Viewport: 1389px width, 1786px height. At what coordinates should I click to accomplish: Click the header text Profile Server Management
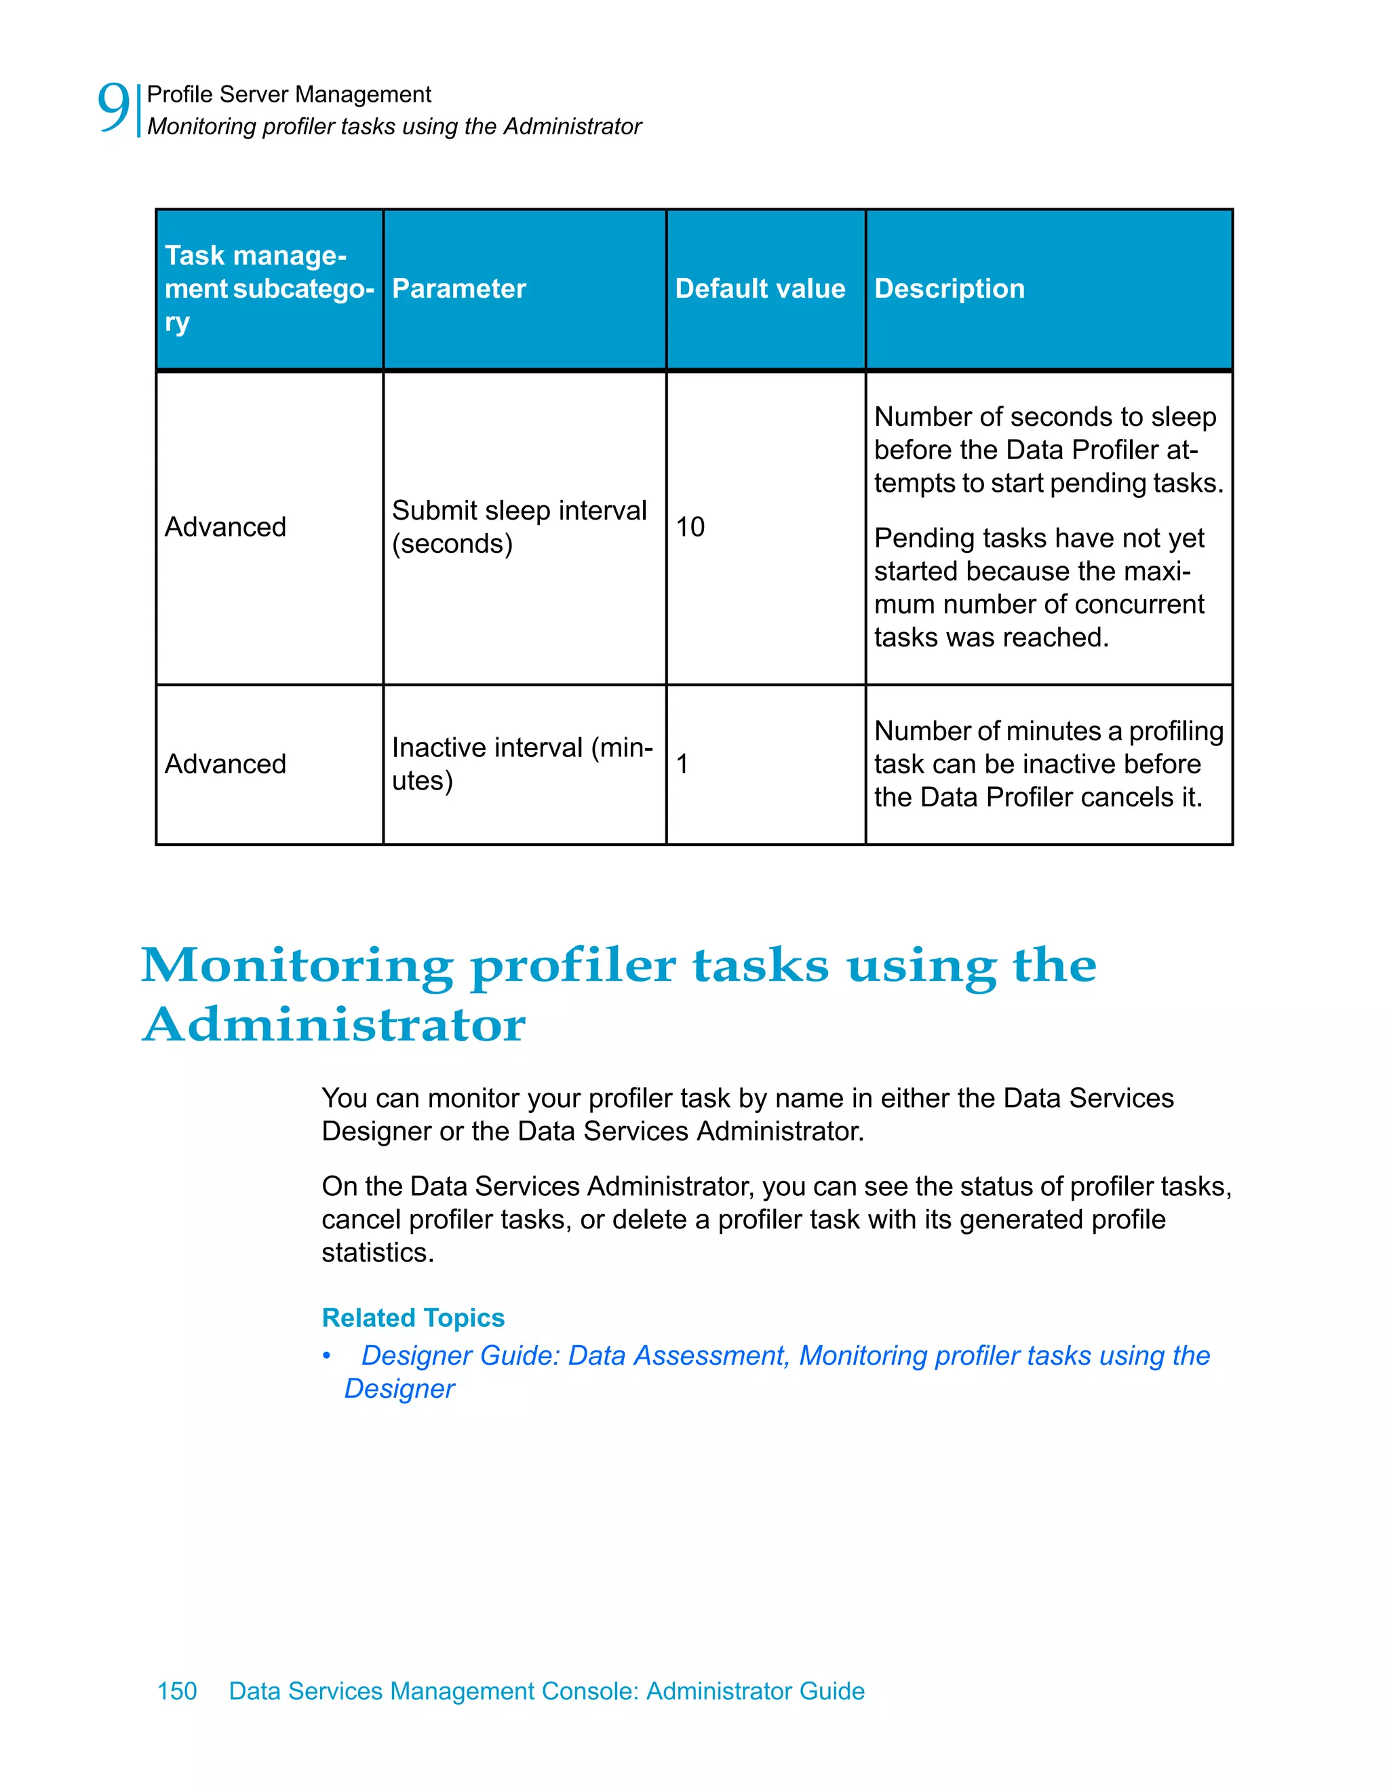(x=289, y=95)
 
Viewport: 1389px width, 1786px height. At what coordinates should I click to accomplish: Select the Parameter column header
(x=458, y=289)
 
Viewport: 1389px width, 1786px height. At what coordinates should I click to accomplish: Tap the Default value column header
(x=760, y=289)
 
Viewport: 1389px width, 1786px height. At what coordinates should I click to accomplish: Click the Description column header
(x=948, y=289)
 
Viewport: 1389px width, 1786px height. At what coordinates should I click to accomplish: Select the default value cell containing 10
(x=690, y=526)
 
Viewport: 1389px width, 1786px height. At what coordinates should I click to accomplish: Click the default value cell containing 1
(x=682, y=764)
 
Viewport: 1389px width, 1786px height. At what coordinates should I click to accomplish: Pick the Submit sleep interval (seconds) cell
(x=518, y=526)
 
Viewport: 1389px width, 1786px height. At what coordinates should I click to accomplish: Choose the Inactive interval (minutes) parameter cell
(x=522, y=764)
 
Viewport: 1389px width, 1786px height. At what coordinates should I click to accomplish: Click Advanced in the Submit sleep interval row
(x=226, y=526)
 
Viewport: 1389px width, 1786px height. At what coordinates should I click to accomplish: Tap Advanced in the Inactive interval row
(x=226, y=764)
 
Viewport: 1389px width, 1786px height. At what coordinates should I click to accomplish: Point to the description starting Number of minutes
(x=1048, y=764)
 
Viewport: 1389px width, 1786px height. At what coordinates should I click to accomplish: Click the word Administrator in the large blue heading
(x=334, y=1025)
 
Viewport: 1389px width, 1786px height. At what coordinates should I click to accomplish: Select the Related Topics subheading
(x=413, y=1317)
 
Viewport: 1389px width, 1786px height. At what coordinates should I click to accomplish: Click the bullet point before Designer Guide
(x=326, y=1357)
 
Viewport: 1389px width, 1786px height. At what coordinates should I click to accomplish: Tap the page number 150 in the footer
(x=176, y=1691)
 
